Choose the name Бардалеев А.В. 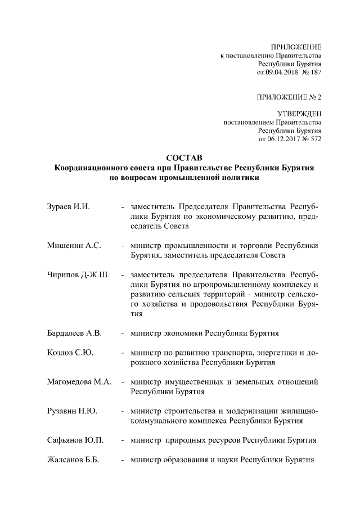[74, 333]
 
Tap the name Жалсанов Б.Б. [73, 460]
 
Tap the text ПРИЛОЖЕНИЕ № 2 [289, 97]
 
